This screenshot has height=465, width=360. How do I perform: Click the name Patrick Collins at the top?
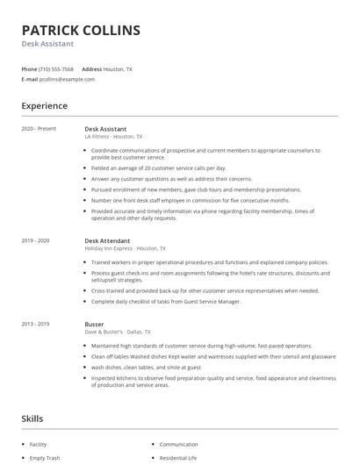pos(81,30)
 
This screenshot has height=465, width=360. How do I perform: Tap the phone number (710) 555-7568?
pos(57,68)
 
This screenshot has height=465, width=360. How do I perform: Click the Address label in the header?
pos(91,68)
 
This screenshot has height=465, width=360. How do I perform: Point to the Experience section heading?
pos(44,106)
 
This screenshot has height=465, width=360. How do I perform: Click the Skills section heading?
pos(32,418)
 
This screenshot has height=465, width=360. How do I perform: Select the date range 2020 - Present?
pos(39,129)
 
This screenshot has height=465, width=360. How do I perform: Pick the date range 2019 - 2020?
pos(35,240)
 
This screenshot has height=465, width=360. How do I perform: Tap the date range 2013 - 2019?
pos(35,324)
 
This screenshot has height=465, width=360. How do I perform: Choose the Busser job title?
pos(94,324)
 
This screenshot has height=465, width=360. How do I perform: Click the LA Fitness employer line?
pos(113,137)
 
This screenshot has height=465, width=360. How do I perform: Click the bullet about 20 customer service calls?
pos(158,168)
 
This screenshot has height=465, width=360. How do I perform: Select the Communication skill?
pos(179,444)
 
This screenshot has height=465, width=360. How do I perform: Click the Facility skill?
pos(38,444)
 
